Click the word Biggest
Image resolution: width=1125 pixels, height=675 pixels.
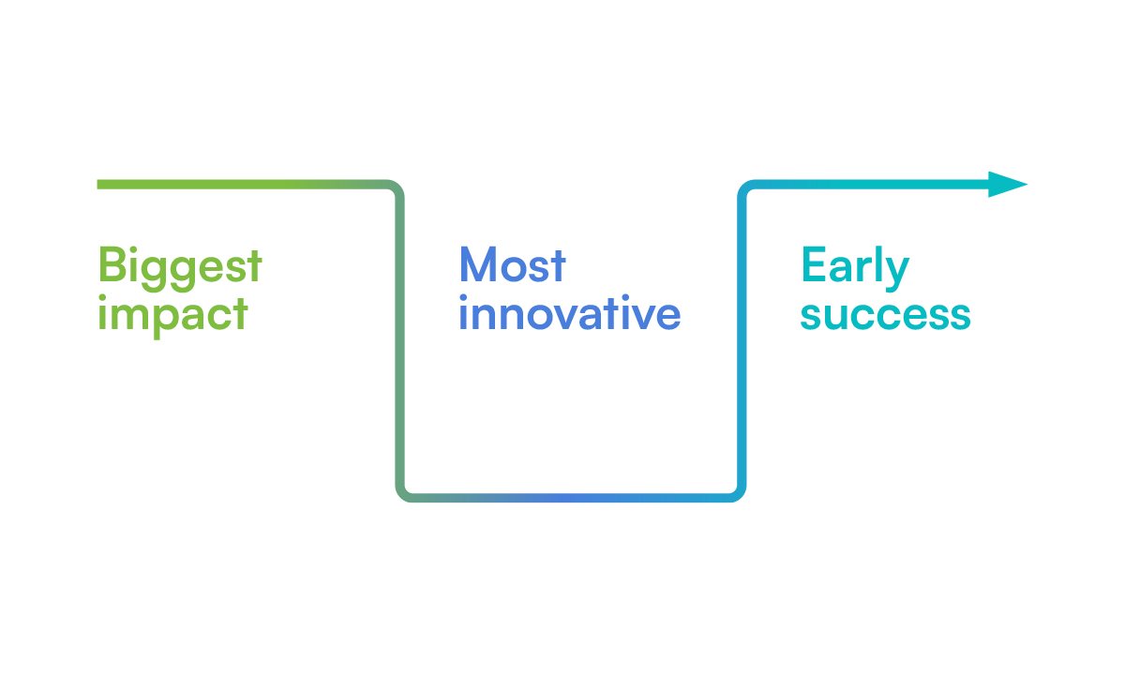180,268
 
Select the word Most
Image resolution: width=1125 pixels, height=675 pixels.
512,264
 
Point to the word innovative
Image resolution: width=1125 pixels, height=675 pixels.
570,312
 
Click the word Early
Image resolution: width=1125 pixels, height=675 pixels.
855,268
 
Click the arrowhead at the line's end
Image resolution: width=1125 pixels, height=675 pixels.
1008,185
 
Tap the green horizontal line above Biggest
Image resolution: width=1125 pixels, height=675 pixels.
242,185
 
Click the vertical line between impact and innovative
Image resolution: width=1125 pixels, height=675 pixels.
399,341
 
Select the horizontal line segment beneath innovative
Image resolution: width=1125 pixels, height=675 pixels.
571,498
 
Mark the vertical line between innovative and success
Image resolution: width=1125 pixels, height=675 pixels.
742,341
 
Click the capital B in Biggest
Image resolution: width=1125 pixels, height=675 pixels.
112,264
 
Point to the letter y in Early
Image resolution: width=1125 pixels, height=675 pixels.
897,274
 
